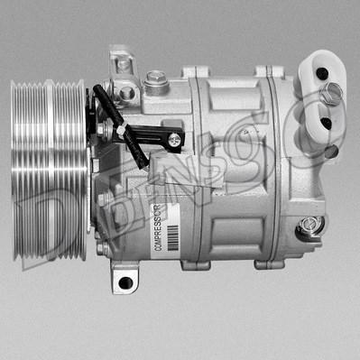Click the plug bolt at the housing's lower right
[309, 224]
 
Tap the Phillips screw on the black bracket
[173, 140]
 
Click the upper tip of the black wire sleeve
[97, 90]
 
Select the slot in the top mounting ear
[121, 64]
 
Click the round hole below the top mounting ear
[127, 92]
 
